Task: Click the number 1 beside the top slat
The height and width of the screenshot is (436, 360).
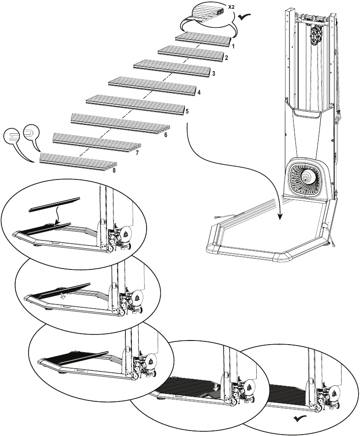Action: pyautogui.click(x=234, y=47)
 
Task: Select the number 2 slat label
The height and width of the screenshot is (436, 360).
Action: pyautogui.click(x=226, y=58)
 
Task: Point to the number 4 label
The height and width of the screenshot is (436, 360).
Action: pyautogui.click(x=199, y=93)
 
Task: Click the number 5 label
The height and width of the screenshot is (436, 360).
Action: pyautogui.click(x=187, y=111)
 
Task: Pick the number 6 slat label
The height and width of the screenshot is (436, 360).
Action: pyautogui.click(x=165, y=135)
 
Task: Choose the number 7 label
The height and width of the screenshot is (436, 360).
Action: pyautogui.click(x=137, y=152)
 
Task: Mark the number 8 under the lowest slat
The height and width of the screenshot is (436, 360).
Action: pyautogui.click(x=114, y=170)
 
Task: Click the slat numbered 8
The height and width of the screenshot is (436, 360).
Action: pyautogui.click(x=78, y=159)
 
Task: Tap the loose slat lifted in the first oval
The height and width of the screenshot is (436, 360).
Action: pyautogui.click(x=54, y=204)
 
